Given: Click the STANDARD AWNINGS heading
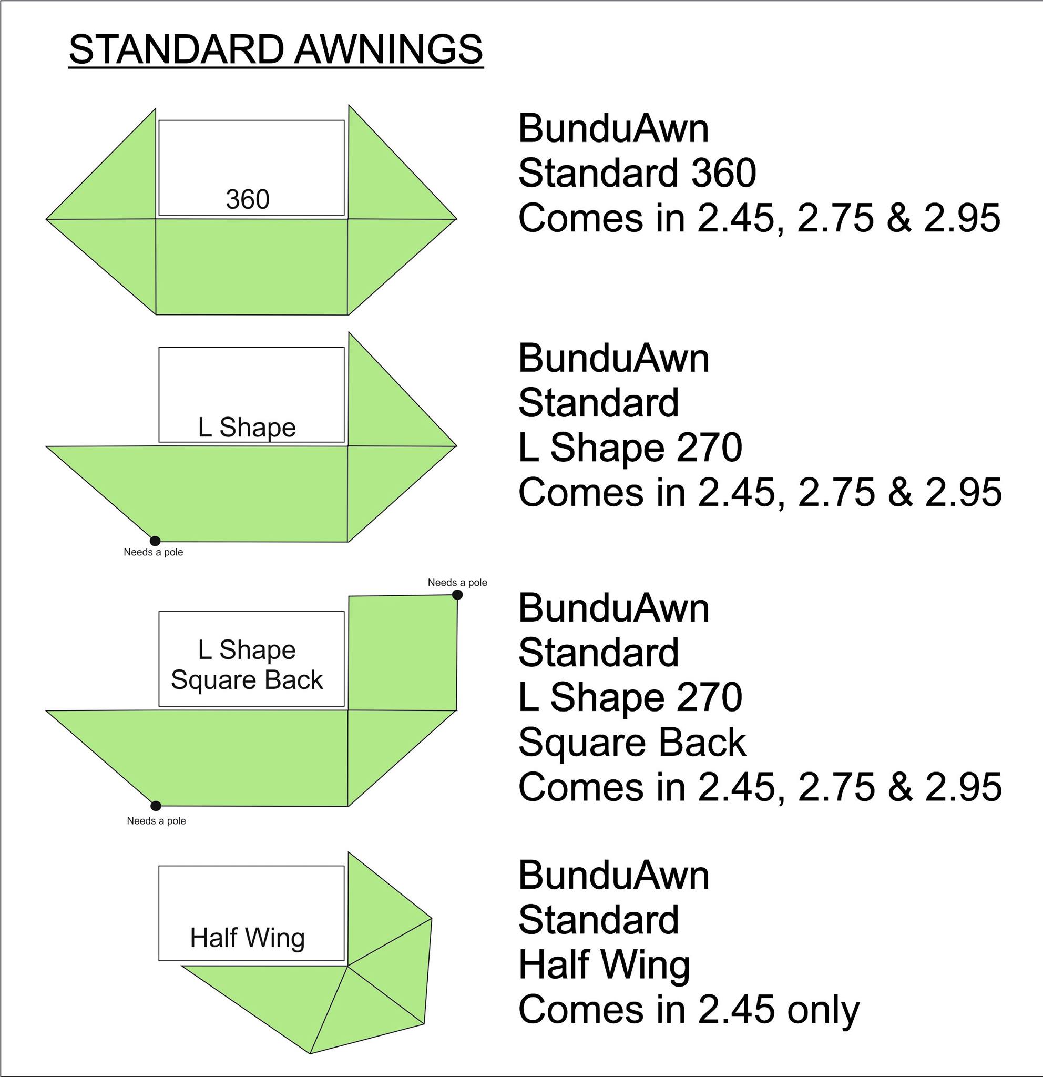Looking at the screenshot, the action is (x=275, y=50).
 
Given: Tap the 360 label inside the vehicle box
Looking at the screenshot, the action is (x=248, y=199).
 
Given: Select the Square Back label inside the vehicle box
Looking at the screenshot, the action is (x=247, y=680).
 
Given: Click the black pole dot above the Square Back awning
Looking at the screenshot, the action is (x=457, y=595).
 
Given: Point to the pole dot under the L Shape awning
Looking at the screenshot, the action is (x=156, y=541).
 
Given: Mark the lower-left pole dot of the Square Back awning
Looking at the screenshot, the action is (x=156, y=806).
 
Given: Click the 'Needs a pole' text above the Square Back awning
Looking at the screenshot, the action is (x=457, y=583).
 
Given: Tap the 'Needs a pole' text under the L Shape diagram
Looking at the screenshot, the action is (x=153, y=552).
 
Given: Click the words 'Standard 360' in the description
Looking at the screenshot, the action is (x=637, y=173).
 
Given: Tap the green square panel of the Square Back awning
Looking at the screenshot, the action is (x=403, y=653).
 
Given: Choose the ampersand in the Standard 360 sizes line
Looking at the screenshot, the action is (x=898, y=218).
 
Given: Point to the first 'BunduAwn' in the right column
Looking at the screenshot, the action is (x=613, y=129).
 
